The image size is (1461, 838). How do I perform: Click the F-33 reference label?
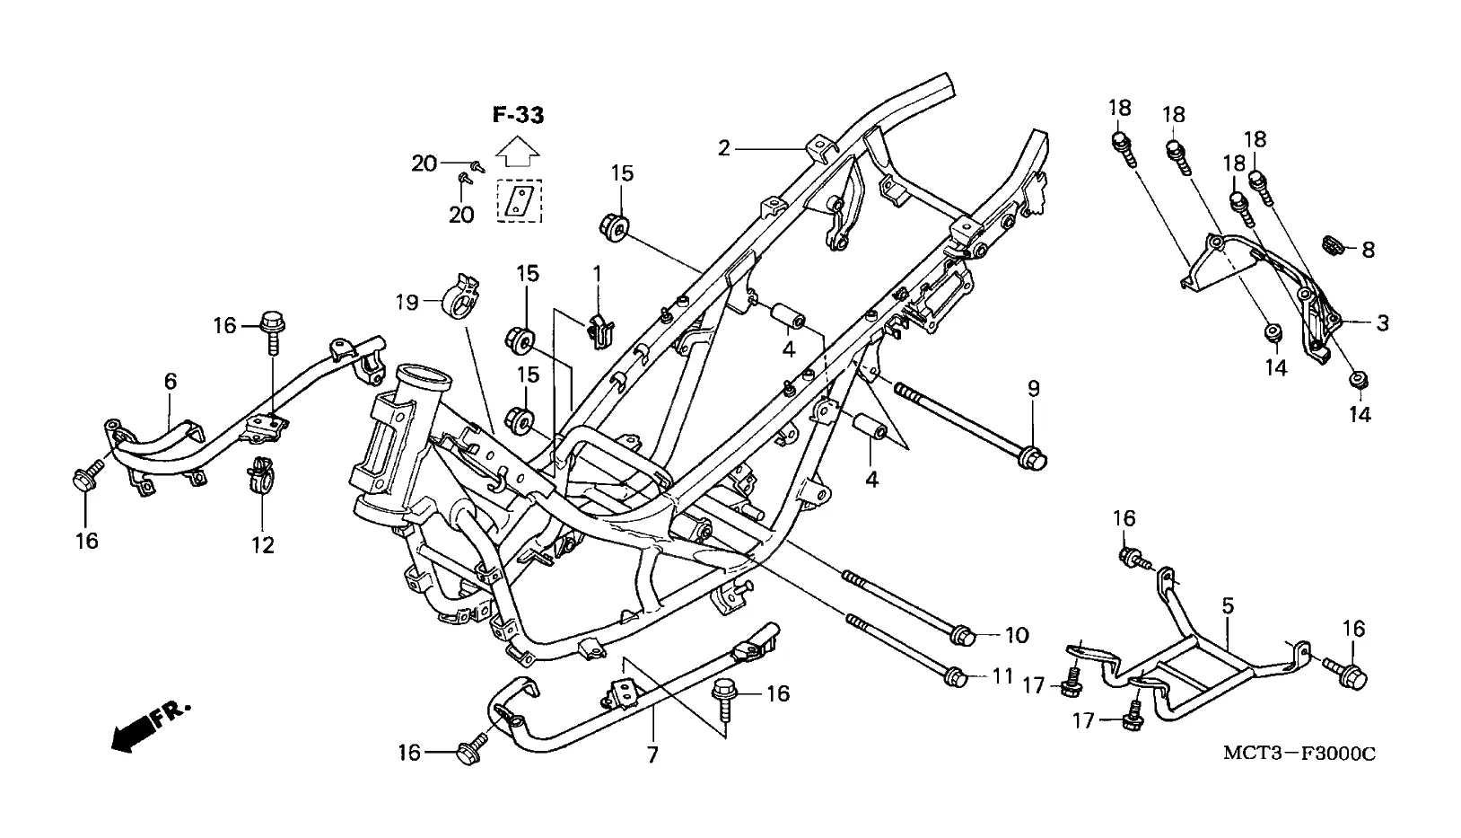[518, 116]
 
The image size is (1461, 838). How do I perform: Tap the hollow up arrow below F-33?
[517, 153]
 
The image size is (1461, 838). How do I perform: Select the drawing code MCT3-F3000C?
[1299, 754]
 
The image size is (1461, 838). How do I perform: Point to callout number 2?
[723, 149]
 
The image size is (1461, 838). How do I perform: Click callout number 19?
[407, 302]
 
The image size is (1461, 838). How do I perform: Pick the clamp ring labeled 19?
[459, 297]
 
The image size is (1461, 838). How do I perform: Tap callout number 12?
[263, 545]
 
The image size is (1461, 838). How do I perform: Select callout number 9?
[1034, 389]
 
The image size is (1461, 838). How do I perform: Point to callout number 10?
[1016, 635]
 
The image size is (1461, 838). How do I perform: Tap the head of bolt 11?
[956, 677]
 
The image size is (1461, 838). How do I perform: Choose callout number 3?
[1382, 322]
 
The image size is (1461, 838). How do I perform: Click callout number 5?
[1228, 606]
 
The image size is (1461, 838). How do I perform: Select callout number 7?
[652, 754]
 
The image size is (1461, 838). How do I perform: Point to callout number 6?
[171, 381]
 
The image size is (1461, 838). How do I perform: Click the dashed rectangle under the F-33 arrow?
[520, 200]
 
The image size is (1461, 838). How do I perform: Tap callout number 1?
[596, 273]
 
